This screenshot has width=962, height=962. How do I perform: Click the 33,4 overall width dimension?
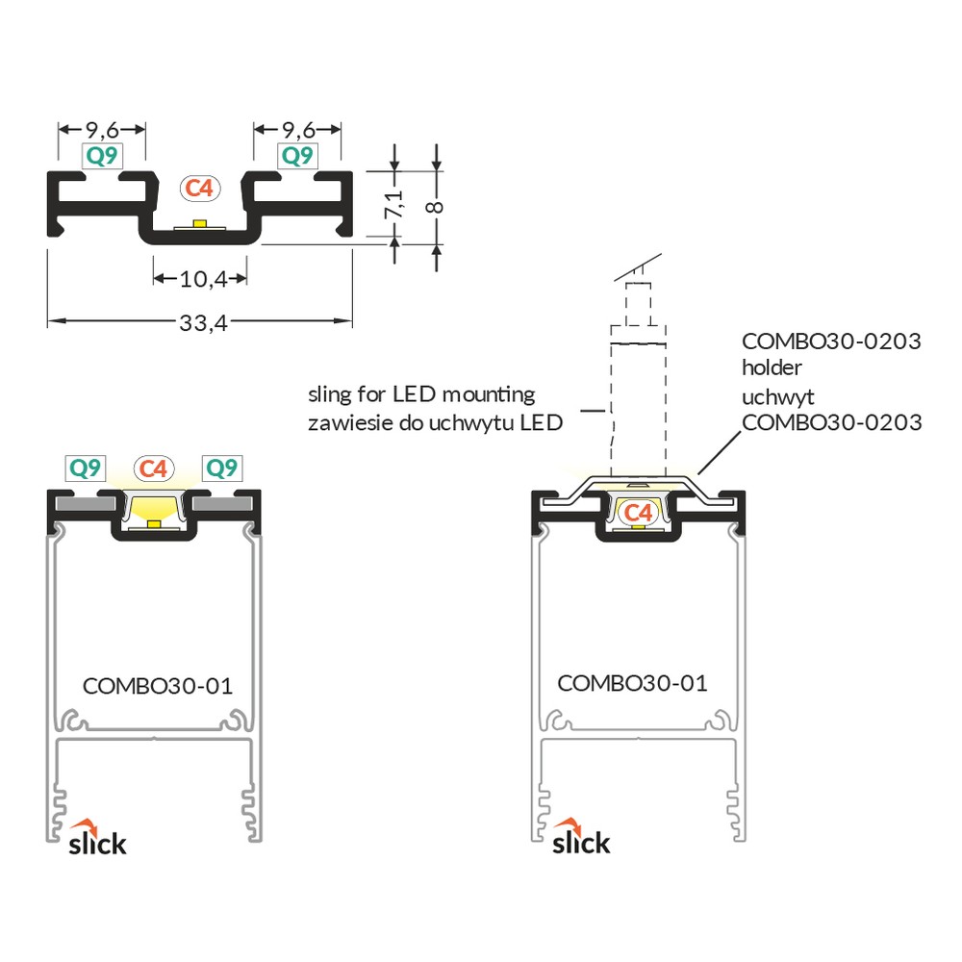203,322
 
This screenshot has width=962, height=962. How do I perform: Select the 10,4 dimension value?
203,279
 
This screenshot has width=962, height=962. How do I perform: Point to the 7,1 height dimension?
393,204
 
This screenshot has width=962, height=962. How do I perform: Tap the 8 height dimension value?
435,207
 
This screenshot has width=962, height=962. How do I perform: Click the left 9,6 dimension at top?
102,130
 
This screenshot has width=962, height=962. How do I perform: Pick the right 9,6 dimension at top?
298,130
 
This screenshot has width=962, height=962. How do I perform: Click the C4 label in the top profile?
200,188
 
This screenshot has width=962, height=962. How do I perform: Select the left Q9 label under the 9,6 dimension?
102,156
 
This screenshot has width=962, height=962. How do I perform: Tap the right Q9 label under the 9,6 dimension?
297,156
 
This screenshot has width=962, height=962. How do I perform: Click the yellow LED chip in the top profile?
199,223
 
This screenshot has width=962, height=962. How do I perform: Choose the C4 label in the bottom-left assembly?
153,468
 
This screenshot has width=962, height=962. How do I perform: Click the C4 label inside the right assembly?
638,513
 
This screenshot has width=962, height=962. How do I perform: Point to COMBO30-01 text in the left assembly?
158,686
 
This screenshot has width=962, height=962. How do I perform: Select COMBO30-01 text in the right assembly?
633,683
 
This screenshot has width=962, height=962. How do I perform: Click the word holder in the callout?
772,367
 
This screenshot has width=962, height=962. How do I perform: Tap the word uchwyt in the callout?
778,397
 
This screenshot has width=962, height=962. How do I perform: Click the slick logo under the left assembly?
97,838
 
